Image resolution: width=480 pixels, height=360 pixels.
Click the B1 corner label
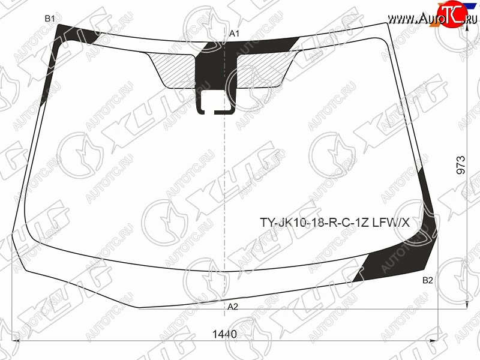(50, 19)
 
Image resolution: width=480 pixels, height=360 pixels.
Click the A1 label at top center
(234, 34)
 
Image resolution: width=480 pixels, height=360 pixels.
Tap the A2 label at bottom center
(233, 307)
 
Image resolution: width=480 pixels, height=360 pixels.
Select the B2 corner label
(428, 280)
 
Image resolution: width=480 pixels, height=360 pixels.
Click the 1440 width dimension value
(224, 334)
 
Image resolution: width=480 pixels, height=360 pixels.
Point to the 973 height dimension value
(460, 166)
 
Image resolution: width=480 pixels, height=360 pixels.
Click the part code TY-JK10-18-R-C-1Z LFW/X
(335, 223)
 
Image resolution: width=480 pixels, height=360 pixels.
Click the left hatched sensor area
(172, 70)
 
